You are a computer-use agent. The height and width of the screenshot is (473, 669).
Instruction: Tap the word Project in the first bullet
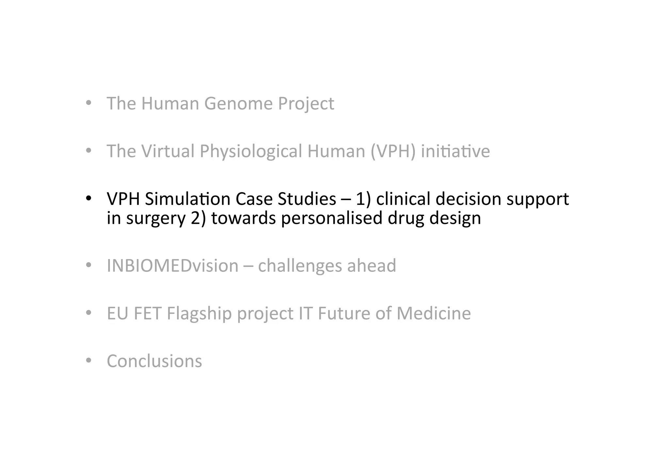(x=306, y=104)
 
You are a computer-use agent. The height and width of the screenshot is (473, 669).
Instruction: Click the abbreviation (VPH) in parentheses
(x=393, y=151)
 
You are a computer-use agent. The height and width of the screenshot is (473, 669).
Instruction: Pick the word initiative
(x=455, y=151)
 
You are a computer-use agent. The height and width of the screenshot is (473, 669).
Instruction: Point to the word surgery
(x=156, y=218)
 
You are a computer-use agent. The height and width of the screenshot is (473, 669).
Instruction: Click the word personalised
(x=332, y=218)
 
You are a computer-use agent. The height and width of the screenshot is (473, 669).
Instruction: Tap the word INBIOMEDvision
(x=172, y=265)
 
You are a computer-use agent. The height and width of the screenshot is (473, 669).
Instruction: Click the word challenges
(x=300, y=265)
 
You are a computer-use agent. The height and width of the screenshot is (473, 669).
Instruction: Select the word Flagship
(x=199, y=313)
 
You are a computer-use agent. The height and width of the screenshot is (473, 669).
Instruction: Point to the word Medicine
(x=433, y=313)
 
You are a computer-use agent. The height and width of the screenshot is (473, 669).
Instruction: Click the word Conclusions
(x=155, y=361)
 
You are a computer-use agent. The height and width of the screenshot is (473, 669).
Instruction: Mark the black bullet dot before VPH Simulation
(x=88, y=198)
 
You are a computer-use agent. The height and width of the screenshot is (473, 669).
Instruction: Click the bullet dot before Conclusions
(x=88, y=361)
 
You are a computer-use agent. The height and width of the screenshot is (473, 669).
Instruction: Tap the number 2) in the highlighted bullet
(x=198, y=218)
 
